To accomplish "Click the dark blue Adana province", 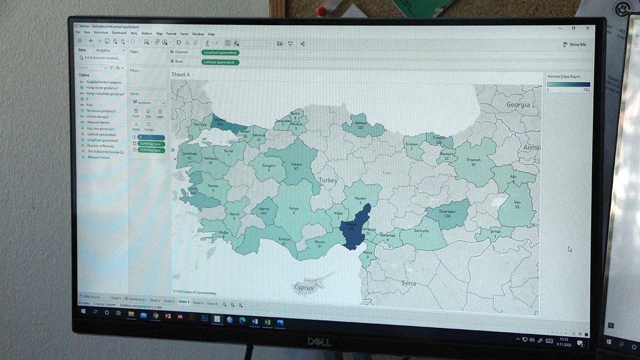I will [x=354, y=230].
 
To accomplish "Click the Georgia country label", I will [x=518, y=105].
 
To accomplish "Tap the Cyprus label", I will [x=304, y=287].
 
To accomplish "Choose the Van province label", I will [x=517, y=203].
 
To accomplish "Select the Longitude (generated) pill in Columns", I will [x=220, y=53].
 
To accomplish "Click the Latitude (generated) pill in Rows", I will [x=220, y=62].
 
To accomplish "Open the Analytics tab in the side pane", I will [x=103, y=51].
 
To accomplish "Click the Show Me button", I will [x=574, y=45].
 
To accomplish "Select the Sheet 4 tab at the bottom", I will [x=183, y=302].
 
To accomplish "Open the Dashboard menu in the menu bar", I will [x=119, y=34].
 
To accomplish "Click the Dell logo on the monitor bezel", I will [x=318, y=341].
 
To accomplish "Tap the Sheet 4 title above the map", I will [x=180, y=75].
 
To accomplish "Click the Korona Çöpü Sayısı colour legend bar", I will [x=568, y=84].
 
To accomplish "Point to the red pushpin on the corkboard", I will [x=321, y=10].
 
